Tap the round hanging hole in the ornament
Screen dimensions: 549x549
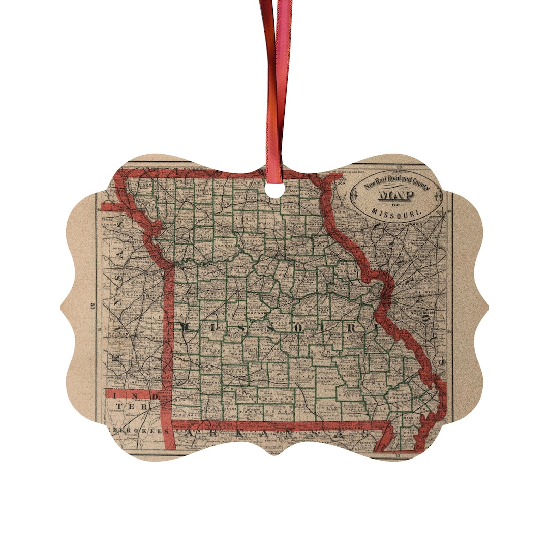point(274,191)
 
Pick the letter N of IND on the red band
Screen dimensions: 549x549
point(126,394)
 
